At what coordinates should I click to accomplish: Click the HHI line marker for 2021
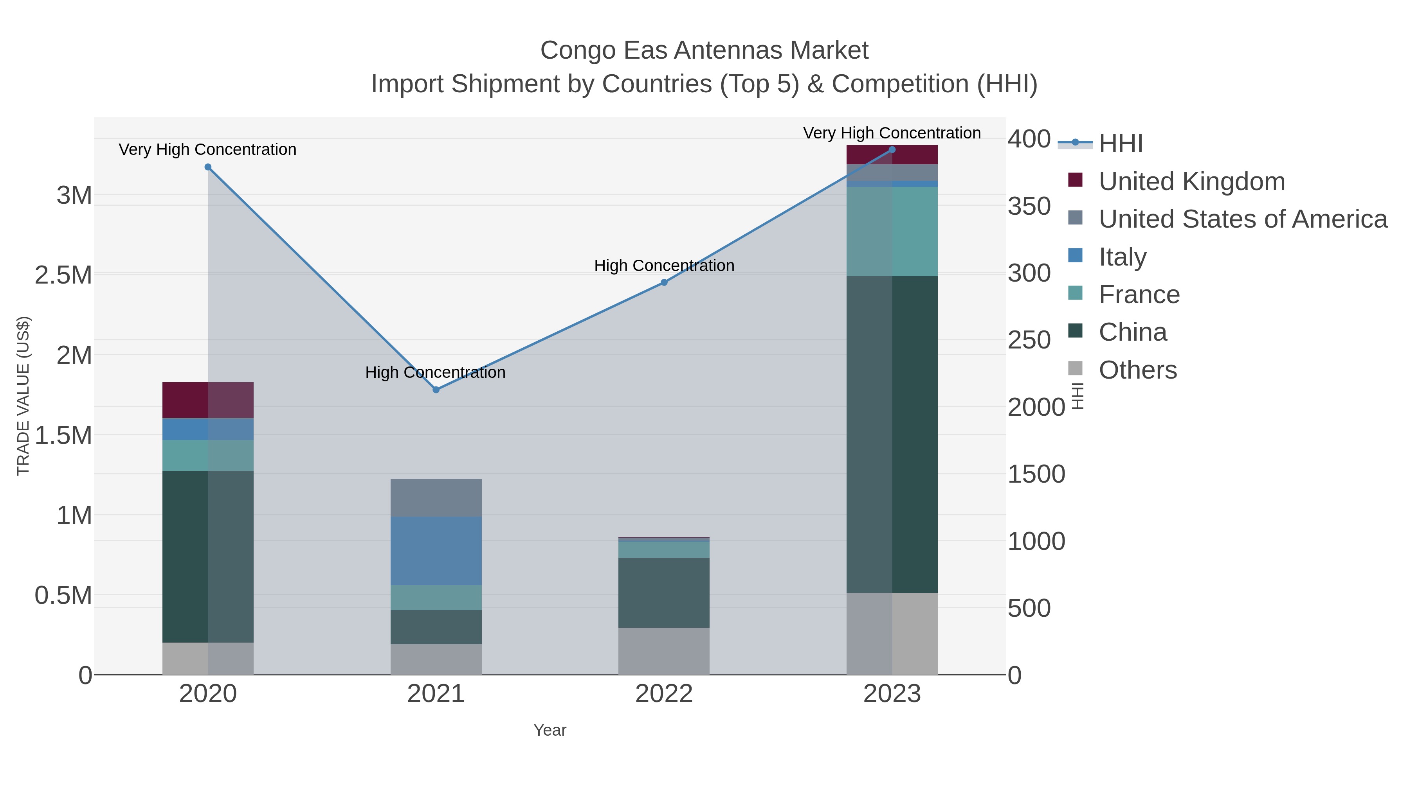[x=436, y=390]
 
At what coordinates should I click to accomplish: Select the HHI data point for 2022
[x=664, y=283]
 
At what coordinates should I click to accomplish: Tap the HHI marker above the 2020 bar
[x=208, y=167]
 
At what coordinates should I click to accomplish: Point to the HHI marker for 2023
[x=892, y=150]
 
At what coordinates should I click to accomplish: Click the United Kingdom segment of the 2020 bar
[x=208, y=400]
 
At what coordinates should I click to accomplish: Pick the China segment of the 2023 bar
[x=892, y=435]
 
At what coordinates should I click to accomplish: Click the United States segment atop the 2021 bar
[x=436, y=498]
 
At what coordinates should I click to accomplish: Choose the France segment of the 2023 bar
[x=892, y=232]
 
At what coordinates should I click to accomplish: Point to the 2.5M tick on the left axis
[x=63, y=275]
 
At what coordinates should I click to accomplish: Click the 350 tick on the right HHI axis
[x=1029, y=207]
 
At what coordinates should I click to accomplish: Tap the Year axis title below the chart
[x=550, y=730]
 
